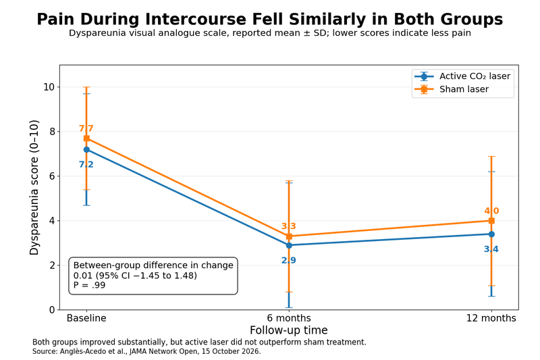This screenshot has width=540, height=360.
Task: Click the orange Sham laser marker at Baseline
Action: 86,138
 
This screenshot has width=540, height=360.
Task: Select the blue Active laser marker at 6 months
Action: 289,245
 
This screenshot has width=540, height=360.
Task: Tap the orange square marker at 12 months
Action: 491,220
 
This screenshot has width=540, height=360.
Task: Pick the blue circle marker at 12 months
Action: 491,234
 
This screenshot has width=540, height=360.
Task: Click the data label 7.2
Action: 86,165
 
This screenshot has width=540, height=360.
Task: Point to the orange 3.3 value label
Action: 289,226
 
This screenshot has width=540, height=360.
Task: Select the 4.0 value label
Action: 491,211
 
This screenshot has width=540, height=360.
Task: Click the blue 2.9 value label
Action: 289,261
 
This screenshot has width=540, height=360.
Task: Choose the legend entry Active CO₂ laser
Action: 475,76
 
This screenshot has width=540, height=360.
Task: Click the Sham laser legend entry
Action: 464,89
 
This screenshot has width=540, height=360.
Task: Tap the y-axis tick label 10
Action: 49,87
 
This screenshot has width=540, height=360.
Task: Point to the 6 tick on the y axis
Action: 52,176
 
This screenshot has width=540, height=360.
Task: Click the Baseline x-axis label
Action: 86,318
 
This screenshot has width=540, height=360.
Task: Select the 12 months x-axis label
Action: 491,318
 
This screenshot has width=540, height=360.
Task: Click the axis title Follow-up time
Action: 289,330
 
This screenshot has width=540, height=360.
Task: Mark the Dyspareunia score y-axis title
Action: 34,187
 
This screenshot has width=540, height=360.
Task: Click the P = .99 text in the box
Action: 89,285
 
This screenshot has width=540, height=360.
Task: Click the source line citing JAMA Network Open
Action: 146,351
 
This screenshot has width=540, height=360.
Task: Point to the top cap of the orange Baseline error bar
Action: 86,87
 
